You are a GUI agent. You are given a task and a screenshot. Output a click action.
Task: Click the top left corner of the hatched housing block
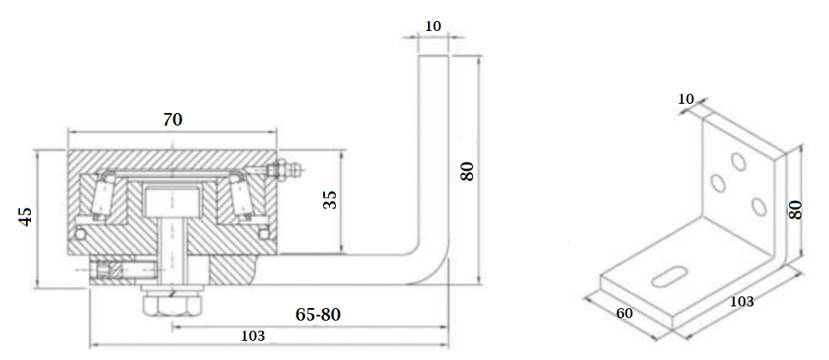tap(68, 150)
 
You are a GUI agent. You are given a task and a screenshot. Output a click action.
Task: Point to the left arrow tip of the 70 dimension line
tap(68, 131)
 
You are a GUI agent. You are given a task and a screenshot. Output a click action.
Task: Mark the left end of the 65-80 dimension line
tap(172, 327)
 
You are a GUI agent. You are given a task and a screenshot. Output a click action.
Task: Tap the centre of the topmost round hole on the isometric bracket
tap(739, 162)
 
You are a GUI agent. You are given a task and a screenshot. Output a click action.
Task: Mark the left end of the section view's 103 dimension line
tap(90, 346)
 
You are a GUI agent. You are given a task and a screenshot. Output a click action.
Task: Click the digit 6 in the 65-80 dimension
tap(301, 315)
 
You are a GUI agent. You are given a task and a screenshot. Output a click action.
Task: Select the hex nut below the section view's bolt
tap(172, 306)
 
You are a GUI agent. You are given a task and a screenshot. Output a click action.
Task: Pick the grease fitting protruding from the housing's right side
tap(285, 170)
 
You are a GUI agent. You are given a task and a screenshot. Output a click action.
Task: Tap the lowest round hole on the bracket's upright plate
tap(759, 206)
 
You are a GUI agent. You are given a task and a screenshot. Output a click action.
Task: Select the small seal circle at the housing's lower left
tap(80, 234)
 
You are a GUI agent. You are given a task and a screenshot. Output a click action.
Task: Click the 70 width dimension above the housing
tap(172, 120)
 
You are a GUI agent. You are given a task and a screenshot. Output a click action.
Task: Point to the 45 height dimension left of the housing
tap(25, 218)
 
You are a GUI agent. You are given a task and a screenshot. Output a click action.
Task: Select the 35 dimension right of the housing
tap(329, 200)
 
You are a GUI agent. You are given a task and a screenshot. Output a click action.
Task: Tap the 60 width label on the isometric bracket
tap(625, 313)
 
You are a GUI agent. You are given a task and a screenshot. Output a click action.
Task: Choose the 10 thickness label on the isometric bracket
tap(686, 99)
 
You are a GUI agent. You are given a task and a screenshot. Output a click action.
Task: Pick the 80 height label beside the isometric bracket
tap(796, 209)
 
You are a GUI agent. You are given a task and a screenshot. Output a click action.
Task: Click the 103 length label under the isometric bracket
tap(742, 302)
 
